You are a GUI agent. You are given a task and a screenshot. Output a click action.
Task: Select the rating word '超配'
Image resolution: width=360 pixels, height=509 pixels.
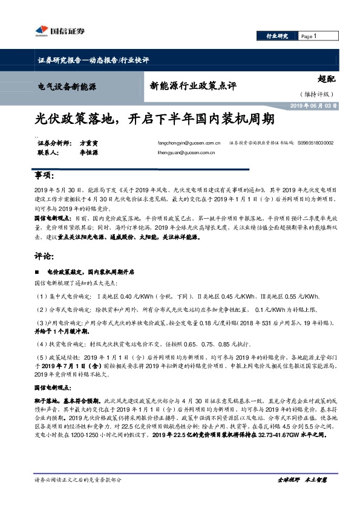326,79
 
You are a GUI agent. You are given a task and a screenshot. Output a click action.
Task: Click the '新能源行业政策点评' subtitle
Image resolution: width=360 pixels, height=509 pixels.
193,85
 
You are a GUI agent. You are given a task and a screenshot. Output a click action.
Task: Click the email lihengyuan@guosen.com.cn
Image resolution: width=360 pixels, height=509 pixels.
182,153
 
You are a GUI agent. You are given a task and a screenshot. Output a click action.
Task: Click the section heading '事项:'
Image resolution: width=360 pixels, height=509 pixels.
45,175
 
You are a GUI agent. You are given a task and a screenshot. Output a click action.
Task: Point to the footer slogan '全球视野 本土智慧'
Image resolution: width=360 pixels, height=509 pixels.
302,479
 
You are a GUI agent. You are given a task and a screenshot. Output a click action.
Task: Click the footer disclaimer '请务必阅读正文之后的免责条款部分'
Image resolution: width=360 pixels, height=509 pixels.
79,479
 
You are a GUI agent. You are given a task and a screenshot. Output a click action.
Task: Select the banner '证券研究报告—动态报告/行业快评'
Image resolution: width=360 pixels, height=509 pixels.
93,60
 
